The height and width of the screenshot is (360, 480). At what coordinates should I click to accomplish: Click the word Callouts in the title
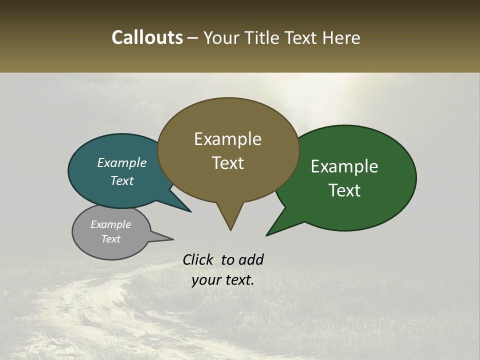click(147, 37)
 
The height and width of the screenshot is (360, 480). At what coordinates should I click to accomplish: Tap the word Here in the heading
click(341, 37)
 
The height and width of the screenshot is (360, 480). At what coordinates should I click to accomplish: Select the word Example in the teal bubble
click(122, 163)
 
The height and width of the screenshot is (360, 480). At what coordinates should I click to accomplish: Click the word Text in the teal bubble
click(122, 180)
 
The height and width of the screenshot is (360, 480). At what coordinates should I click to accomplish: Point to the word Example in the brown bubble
click(227, 139)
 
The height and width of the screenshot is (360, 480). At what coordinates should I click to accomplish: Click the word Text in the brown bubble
click(227, 163)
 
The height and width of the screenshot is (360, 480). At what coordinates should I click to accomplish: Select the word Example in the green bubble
click(344, 166)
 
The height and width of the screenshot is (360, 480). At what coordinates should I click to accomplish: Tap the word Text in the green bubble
click(344, 190)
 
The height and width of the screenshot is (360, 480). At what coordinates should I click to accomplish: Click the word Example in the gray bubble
click(111, 224)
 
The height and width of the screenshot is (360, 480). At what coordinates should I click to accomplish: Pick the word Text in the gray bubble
click(111, 239)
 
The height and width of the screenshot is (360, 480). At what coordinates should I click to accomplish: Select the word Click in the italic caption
click(198, 259)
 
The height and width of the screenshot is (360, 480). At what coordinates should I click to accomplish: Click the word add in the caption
click(251, 259)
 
